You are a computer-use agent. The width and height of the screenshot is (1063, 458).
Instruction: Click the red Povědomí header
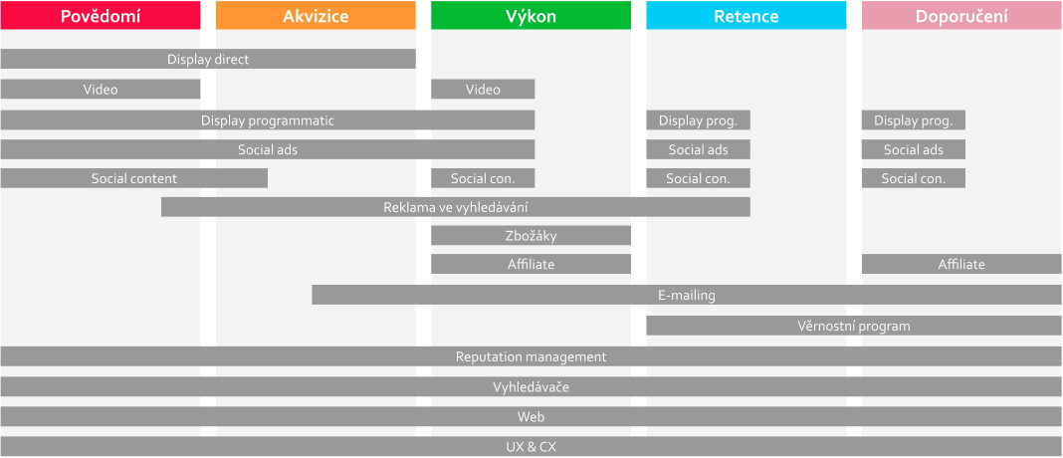click(101, 16)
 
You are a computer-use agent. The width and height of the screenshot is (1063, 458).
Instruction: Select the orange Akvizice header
click(316, 16)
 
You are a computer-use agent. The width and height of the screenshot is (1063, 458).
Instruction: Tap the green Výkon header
click(531, 16)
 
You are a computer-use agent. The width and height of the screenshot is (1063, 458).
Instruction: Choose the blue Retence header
click(746, 16)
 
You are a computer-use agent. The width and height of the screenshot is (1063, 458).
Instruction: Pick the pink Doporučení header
click(962, 16)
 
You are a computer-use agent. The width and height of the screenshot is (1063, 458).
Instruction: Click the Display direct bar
click(208, 59)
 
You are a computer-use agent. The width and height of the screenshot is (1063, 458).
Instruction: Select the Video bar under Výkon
click(483, 89)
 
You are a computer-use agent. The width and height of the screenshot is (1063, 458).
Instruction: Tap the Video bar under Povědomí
click(101, 89)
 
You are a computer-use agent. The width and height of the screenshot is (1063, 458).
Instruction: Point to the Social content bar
click(134, 178)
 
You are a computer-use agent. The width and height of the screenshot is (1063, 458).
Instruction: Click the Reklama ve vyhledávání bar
click(456, 207)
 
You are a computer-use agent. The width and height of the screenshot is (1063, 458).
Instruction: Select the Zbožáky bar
click(531, 235)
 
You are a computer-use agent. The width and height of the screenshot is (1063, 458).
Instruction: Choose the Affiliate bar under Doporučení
click(962, 264)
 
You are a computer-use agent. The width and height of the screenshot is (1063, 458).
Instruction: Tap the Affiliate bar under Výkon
click(531, 264)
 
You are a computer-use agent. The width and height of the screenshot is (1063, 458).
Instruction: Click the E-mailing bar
click(687, 295)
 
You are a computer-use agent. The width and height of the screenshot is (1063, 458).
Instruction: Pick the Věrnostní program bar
click(854, 326)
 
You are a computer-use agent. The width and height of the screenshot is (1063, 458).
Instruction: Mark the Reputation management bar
click(531, 356)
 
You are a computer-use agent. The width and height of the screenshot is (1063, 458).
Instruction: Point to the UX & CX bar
click(531, 446)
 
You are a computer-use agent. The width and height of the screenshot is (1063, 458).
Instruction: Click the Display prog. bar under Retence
click(699, 120)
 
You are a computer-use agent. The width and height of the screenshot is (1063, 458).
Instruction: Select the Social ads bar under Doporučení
click(914, 149)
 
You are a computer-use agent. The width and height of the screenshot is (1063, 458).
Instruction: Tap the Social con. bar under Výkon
click(483, 178)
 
